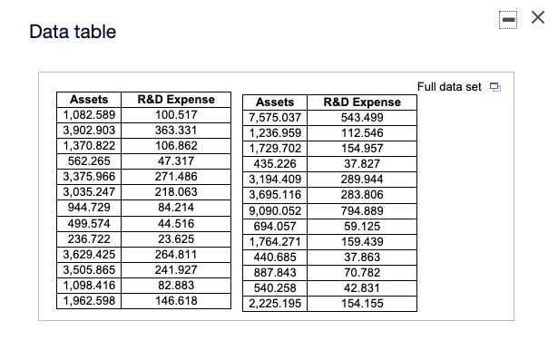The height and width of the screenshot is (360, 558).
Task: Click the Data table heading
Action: (x=73, y=33)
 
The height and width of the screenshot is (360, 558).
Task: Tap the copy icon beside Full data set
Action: (x=494, y=87)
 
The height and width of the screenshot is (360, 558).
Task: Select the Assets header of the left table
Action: (x=89, y=100)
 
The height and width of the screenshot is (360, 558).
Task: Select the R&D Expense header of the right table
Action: (x=361, y=102)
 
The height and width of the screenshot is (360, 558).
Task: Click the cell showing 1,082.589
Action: (x=89, y=114)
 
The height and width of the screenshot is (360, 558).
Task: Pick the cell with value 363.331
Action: (x=176, y=130)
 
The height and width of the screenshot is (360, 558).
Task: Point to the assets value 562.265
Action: (x=89, y=161)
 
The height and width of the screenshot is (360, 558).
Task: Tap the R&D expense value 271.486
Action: (x=176, y=176)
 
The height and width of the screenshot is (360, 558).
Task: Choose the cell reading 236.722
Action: (x=89, y=238)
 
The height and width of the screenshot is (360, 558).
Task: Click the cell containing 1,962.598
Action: (x=89, y=300)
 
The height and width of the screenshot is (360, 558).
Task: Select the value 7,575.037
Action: (x=274, y=118)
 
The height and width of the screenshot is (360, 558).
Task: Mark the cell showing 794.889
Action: (x=361, y=210)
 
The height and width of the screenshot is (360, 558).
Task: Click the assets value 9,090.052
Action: (x=274, y=210)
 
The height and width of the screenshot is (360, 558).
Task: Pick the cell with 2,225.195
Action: (x=274, y=303)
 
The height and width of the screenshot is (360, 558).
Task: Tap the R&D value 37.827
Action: (x=361, y=164)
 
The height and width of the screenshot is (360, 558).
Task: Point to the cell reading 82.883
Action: (x=176, y=285)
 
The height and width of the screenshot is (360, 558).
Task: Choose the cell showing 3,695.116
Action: (x=274, y=195)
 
